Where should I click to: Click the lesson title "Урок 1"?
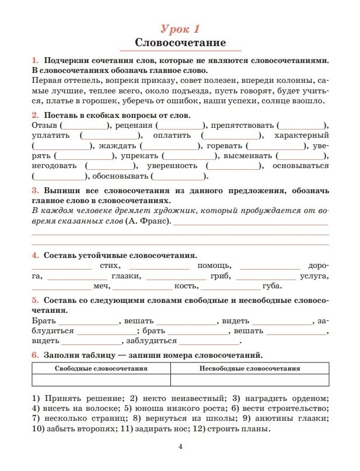[180, 29]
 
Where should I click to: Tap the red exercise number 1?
[34, 61]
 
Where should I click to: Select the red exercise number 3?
[34, 191]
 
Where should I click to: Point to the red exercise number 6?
[34, 355]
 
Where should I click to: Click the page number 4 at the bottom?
[180, 448]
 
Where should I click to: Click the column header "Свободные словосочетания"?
[101, 369]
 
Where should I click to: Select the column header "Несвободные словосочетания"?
[250, 369]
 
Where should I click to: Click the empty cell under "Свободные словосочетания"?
[101, 381]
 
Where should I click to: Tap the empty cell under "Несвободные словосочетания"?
[250, 381]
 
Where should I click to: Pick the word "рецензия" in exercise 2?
[134, 125]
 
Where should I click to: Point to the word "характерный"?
[303, 135]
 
